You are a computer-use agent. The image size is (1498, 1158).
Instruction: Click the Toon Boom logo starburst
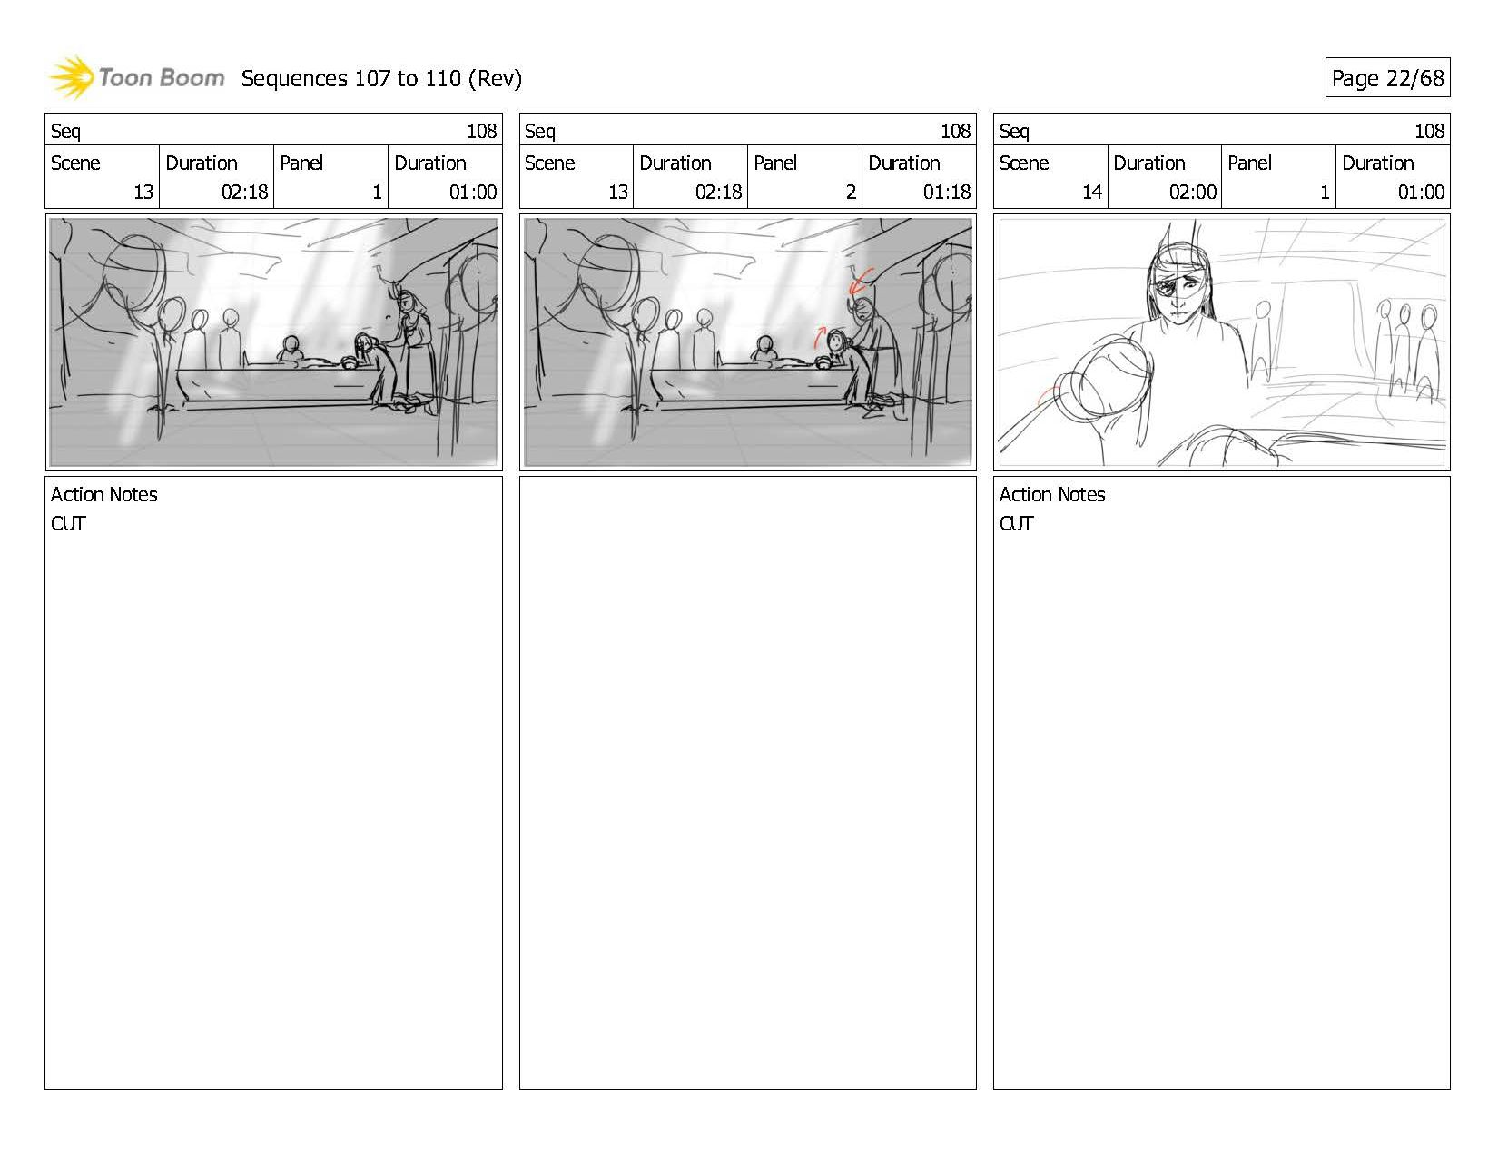pyautogui.click(x=71, y=77)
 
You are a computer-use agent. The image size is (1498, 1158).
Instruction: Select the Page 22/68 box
pyautogui.click(x=1387, y=77)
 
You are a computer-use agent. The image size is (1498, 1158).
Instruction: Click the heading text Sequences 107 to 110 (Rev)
pyautogui.click(x=381, y=79)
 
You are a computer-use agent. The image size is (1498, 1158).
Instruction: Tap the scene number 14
pyautogui.click(x=1092, y=192)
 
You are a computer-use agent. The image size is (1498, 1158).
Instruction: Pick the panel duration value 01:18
pyautogui.click(x=947, y=192)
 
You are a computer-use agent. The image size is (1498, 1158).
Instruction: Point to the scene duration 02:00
pyautogui.click(x=1193, y=192)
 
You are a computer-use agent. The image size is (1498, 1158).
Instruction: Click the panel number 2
pyautogui.click(x=851, y=192)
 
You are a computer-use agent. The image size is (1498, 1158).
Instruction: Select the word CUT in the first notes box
pyautogui.click(x=68, y=523)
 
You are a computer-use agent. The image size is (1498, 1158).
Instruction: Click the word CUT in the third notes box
pyautogui.click(x=1016, y=523)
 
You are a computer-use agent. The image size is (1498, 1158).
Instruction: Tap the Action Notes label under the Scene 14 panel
pyautogui.click(x=1052, y=494)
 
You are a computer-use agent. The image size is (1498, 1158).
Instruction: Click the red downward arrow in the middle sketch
pyautogui.click(x=860, y=282)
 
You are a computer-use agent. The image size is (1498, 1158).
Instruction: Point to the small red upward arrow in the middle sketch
pyautogui.click(x=819, y=337)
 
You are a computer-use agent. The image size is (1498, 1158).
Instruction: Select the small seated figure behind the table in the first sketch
pyautogui.click(x=291, y=348)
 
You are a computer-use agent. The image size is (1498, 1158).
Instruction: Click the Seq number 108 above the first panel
pyautogui.click(x=482, y=131)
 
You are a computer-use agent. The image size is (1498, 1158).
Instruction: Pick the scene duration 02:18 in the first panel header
pyautogui.click(x=245, y=192)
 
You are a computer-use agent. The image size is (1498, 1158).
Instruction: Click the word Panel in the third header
pyautogui.click(x=1249, y=163)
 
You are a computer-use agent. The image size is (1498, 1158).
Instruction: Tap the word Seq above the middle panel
pyautogui.click(x=540, y=131)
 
